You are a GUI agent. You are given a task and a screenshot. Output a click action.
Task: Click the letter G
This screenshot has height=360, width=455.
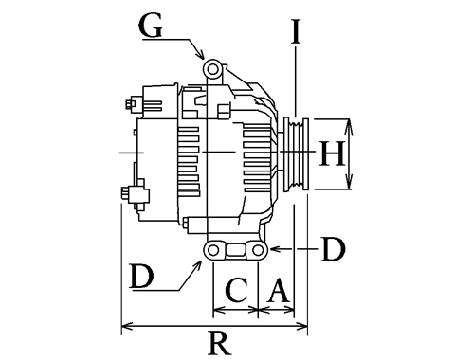tap(151, 27)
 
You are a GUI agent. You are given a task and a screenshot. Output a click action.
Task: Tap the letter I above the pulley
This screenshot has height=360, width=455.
tap(296, 31)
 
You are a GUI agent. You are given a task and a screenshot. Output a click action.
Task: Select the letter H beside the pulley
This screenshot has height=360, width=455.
tap(332, 153)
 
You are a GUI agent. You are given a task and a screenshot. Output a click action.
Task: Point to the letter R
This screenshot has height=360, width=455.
tap(220, 343)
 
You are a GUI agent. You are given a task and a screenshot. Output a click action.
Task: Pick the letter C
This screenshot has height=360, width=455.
tap(237, 290)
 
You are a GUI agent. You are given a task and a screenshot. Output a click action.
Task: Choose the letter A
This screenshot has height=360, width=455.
tap(278, 290)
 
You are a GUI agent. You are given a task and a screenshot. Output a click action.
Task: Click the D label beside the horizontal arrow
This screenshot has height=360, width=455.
tap(333, 249)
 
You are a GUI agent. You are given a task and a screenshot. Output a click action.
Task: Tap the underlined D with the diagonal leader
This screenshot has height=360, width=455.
tap(141, 277)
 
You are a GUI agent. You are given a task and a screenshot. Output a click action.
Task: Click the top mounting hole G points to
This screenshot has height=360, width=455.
tap(212, 69)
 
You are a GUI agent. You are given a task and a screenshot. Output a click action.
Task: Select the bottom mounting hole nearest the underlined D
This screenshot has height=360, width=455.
tap(213, 250)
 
